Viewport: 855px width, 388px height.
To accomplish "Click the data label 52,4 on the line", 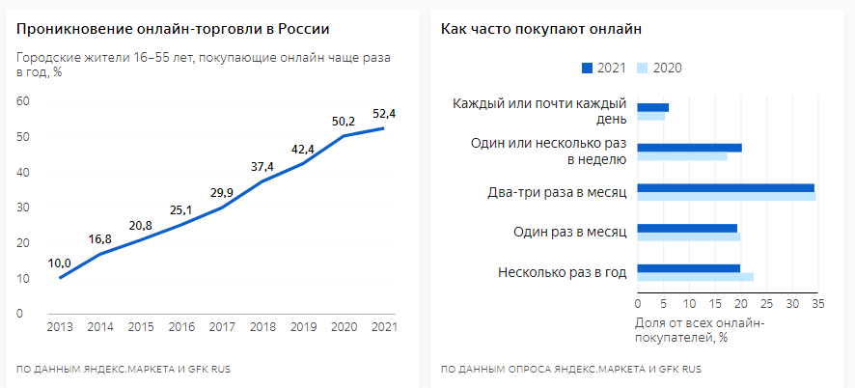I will (x=385, y=113).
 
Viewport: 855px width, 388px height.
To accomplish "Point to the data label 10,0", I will (x=59, y=263).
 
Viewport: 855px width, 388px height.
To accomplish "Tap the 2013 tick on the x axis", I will (x=60, y=325).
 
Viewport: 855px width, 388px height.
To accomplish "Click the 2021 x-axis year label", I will (x=384, y=325).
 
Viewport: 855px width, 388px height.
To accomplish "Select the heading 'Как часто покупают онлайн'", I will (x=541, y=29).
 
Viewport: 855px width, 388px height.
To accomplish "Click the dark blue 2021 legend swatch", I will (x=587, y=68).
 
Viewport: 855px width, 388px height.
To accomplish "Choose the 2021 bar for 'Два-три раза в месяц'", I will (x=726, y=187).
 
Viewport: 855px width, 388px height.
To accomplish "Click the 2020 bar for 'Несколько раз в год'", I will (x=695, y=277).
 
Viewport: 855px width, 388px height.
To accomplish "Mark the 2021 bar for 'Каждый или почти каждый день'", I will (x=652, y=107).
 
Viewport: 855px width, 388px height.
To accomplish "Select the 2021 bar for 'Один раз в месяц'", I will (x=687, y=228).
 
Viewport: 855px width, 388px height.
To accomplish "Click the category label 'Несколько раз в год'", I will (x=563, y=272).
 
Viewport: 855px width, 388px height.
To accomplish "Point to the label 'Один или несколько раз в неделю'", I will (x=548, y=152).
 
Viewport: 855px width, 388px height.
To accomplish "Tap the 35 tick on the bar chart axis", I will (x=817, y=304).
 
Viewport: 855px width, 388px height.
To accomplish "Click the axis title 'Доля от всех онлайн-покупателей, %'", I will (x=700, y=329).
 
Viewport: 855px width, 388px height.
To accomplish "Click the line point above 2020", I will (x=343, y=135).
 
